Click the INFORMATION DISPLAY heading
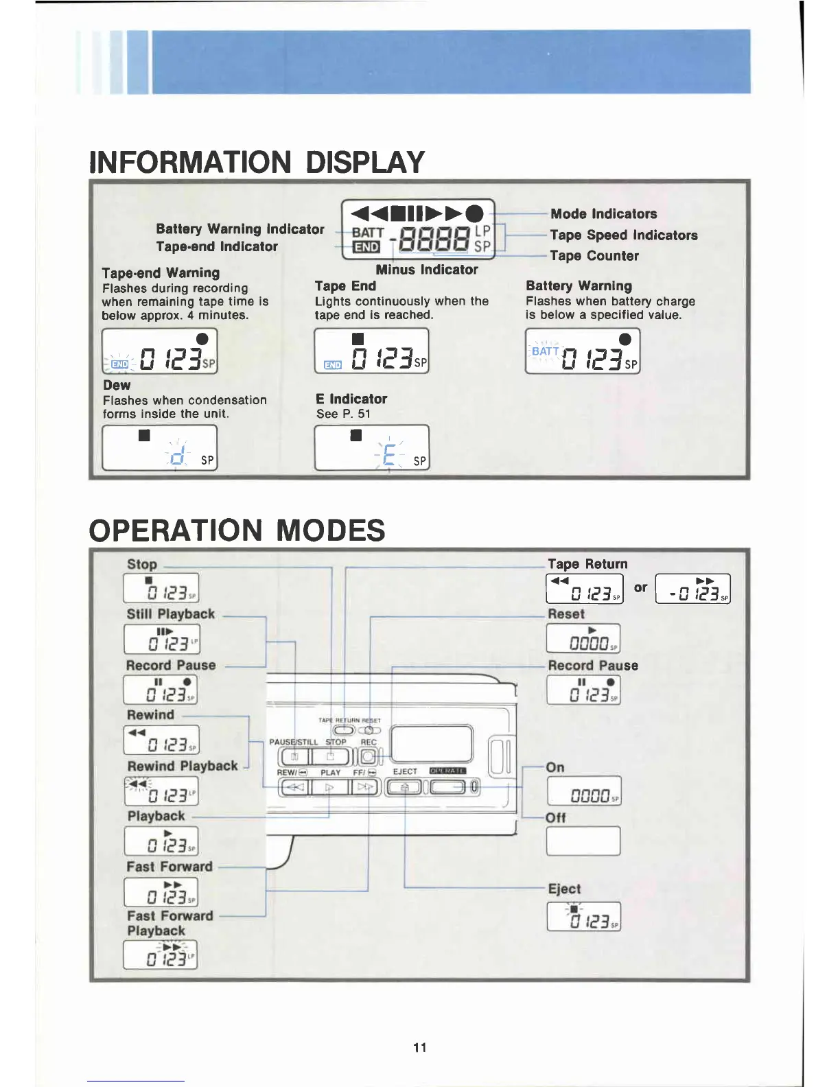tap(257, 162)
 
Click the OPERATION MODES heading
tap(237, 530)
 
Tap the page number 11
tap(420, 1047)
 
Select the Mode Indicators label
tap(603, 213)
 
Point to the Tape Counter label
tap(594, 256)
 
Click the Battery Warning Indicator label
tap(240, 229)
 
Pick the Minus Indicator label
tap(426, 270)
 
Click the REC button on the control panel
tap(369, 756)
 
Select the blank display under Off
tap(583, 841)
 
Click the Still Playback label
tap(170, 614)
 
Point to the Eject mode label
tap(564, 889)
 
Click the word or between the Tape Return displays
tap(640, 587)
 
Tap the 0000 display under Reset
tap(583, 639)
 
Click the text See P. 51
tap(343, 414)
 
